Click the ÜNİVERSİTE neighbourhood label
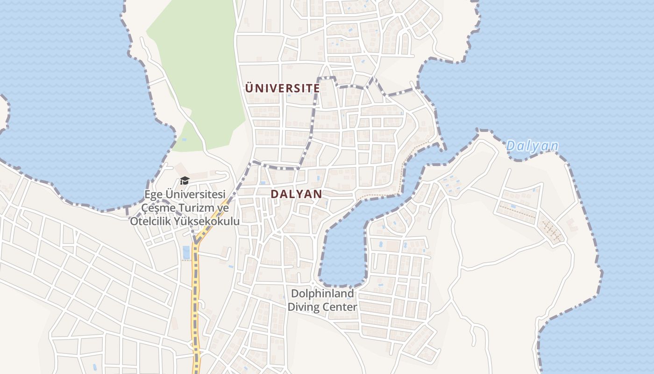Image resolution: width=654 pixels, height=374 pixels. click(283, 88)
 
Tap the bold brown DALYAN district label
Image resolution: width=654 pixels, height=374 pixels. click(296, 194)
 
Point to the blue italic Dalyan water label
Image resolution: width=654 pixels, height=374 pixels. click(532, 146)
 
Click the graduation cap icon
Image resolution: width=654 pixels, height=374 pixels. click(185, 181)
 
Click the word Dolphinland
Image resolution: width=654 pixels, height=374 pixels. click(322, 294)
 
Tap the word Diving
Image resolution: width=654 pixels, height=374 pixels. click(304, 307)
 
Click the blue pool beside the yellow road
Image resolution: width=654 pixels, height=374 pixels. click(186, 252)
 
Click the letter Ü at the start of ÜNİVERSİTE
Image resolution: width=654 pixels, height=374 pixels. click(249, 87)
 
